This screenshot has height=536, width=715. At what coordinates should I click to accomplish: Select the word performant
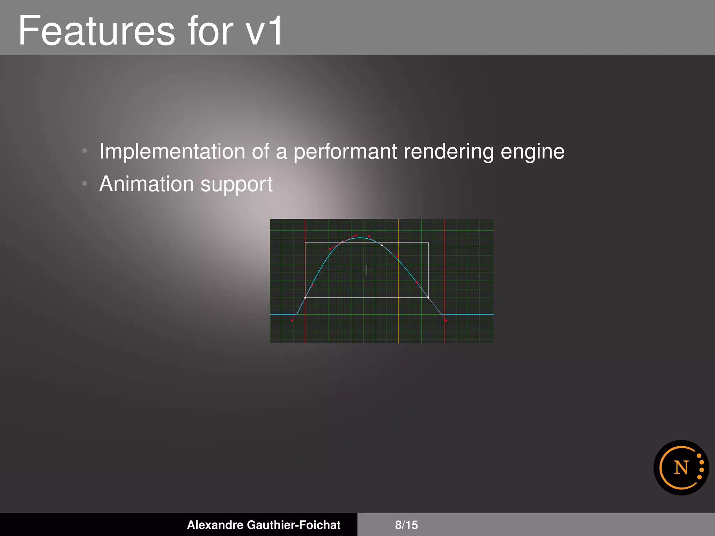coord(345,152)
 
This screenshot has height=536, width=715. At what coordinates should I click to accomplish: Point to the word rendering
coord(449,152)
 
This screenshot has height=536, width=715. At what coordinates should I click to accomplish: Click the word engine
coord(532,152)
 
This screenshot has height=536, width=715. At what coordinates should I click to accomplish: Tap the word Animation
coord(146,184)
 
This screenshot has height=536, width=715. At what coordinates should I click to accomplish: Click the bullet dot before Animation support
coord(84,184)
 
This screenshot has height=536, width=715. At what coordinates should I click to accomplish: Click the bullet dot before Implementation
coord(84,151)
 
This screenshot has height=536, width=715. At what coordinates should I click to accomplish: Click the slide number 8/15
coord(406,525)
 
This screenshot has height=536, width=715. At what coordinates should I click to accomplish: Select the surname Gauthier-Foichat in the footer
coord(294,525)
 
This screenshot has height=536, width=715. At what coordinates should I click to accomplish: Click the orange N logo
coord(681,468)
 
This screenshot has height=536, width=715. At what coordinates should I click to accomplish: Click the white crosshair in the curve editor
coord(367,270)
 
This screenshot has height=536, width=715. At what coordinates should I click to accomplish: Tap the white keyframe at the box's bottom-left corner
coord(305,298)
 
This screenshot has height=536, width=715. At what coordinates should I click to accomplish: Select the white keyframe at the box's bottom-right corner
coord(428,298)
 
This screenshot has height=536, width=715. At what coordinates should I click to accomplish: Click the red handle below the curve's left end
coord(292,320)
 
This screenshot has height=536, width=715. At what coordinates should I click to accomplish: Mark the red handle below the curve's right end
coord(446,320)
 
